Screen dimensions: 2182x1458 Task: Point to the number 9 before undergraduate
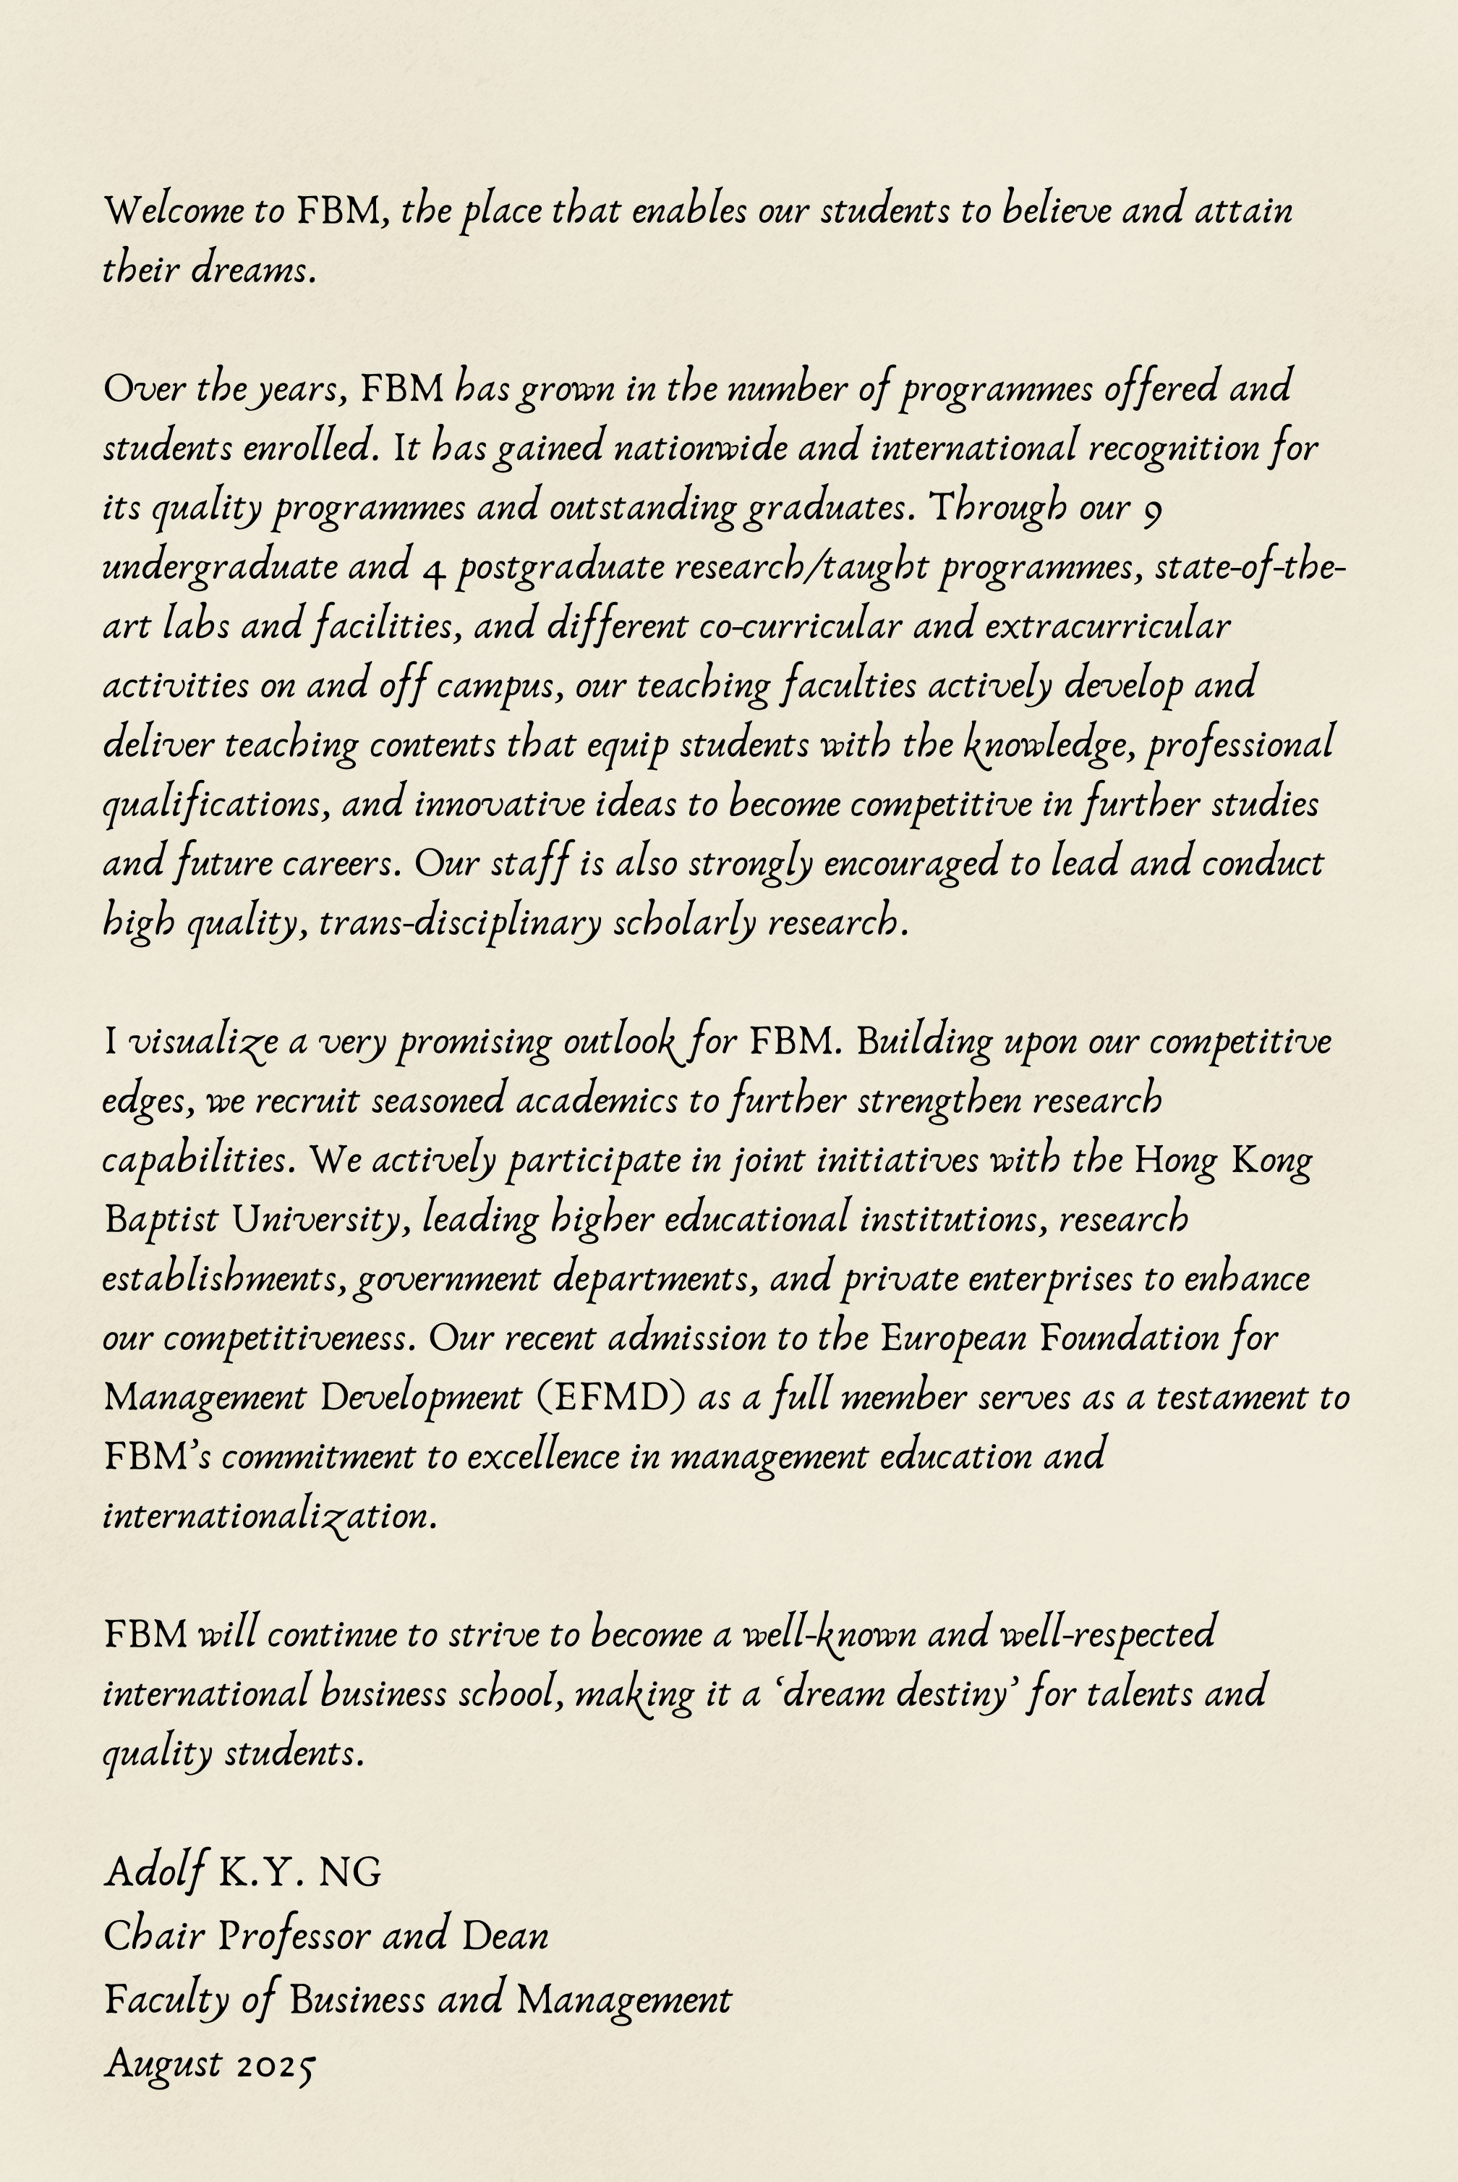pos(1151,510)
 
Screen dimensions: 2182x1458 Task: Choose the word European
pos(953,1339)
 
